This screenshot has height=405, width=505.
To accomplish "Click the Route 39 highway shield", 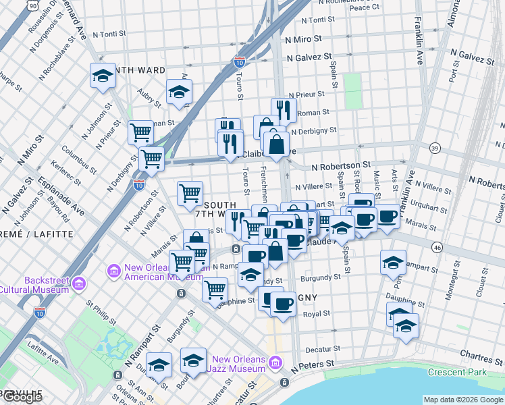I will click(435, 148).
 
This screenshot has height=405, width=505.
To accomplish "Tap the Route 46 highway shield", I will click(437, 248).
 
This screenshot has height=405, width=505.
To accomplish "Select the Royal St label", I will click(316, 313).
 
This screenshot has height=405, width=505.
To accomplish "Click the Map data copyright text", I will click(463, 400).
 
